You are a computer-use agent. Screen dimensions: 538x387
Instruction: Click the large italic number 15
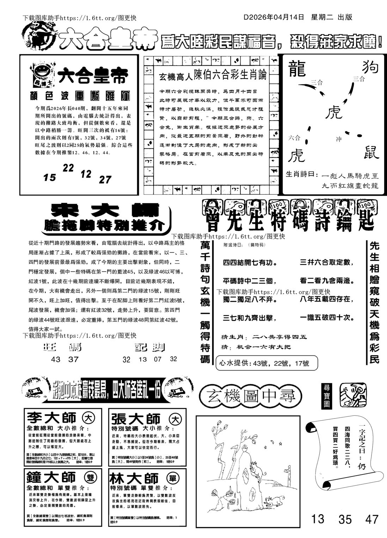[x=50, y=178]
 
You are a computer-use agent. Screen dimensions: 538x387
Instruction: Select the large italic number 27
[x=105, y=180]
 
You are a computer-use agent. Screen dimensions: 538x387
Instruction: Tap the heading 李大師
[x=51, y=418]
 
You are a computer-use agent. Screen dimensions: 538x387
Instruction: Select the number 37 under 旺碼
[x=73, y=359]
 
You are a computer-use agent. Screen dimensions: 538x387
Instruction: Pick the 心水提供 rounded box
[x=267, y=362]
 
